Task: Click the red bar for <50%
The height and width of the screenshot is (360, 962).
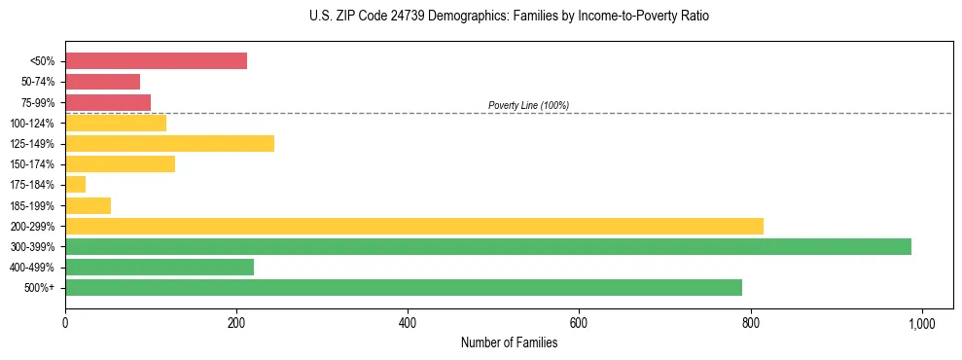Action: pyautogui.click(x=156, y=61)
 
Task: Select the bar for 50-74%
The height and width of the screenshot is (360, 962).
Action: pyautogui.click(x=102, y=82)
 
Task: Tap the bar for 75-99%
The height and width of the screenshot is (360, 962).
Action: pyautogui.click(x=108, y=102)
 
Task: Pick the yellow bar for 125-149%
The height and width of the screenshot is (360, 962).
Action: pyautogui.click(x=169, y=143)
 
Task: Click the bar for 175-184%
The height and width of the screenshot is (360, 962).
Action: pyautogui.click(x=75, y=184)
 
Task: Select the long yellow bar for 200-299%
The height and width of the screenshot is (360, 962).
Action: pyautogui.click(x=413, y=226)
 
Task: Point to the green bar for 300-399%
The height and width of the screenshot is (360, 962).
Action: pyautogui.click(x=487, y=246)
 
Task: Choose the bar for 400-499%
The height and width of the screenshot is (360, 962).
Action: pyautogui.click(x=160, y=267)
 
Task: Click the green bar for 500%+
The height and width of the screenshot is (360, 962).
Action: pyautogui.click(x=403, y=287)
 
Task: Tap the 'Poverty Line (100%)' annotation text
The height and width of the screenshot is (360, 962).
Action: pyautogui.click(x=528, y=105)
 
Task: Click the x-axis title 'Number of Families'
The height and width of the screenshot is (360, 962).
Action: pyautogui.click(x=509, y=342)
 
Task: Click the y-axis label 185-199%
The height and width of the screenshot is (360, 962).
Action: pyautogui.click(x=32, y=205)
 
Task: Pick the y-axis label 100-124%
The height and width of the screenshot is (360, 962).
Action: pyautogui.click(x=32, y=123)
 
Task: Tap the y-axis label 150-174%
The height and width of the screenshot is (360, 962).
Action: pyautogui.click(x=32, y=164)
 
